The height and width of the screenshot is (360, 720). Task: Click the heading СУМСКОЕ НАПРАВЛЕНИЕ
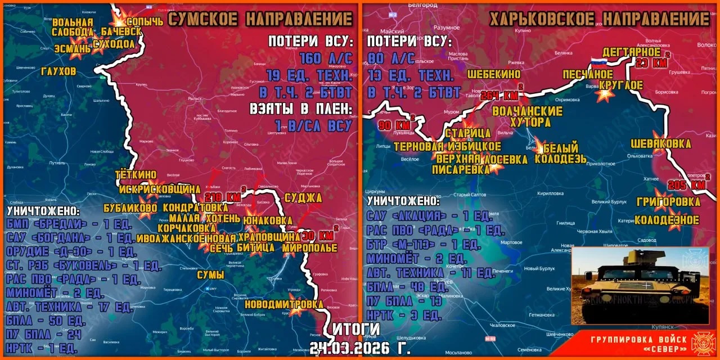[x=260, y=20]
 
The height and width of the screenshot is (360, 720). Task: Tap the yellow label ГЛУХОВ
[x=58, y=72]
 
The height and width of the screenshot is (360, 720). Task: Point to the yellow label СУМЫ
[x=210, y=275]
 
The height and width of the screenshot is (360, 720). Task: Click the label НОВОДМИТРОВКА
[x=284, y=304]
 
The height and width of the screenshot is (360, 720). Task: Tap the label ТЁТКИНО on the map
[x=135, y=175]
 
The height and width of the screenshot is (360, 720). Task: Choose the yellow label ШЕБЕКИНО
[x=493, y=74]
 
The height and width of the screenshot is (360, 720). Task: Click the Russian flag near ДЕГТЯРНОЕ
[x=596, y=62]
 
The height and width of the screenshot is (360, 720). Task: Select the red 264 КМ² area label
[x=498, y=95]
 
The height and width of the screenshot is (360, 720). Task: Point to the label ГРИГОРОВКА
[x=668, y=202]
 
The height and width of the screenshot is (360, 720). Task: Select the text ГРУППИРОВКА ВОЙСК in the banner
[x=638, y=339]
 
